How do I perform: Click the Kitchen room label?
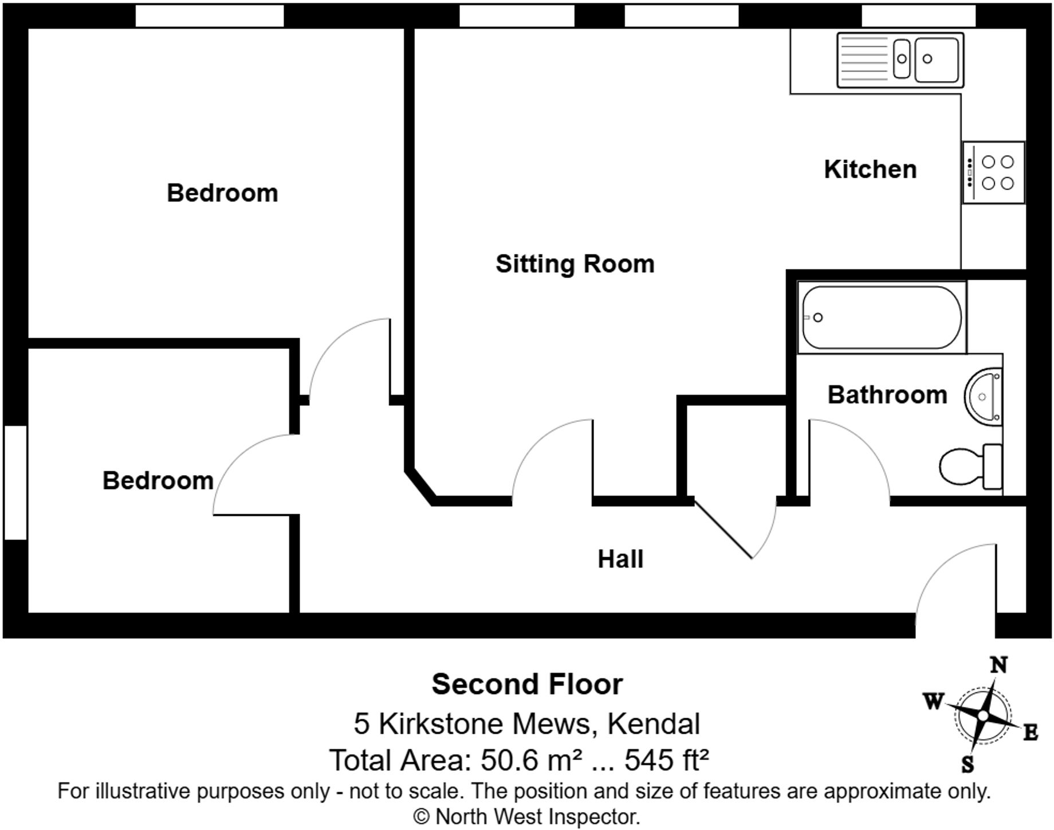(870, 170)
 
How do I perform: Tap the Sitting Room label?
(575, 264)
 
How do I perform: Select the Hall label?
(620, 559)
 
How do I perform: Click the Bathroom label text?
(887, 395)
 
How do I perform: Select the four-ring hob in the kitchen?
(994, 173)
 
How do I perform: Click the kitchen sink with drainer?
(900, 60)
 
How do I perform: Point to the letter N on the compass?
(998, 665)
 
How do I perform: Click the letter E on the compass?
(1030, 732)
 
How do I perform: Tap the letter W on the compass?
(933, 700)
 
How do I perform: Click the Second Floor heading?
(526, 684)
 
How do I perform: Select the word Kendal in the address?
(653, 723)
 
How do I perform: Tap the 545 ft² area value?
(666, 761)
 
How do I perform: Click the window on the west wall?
(15, 482)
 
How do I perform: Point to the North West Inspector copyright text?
(526, 817)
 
